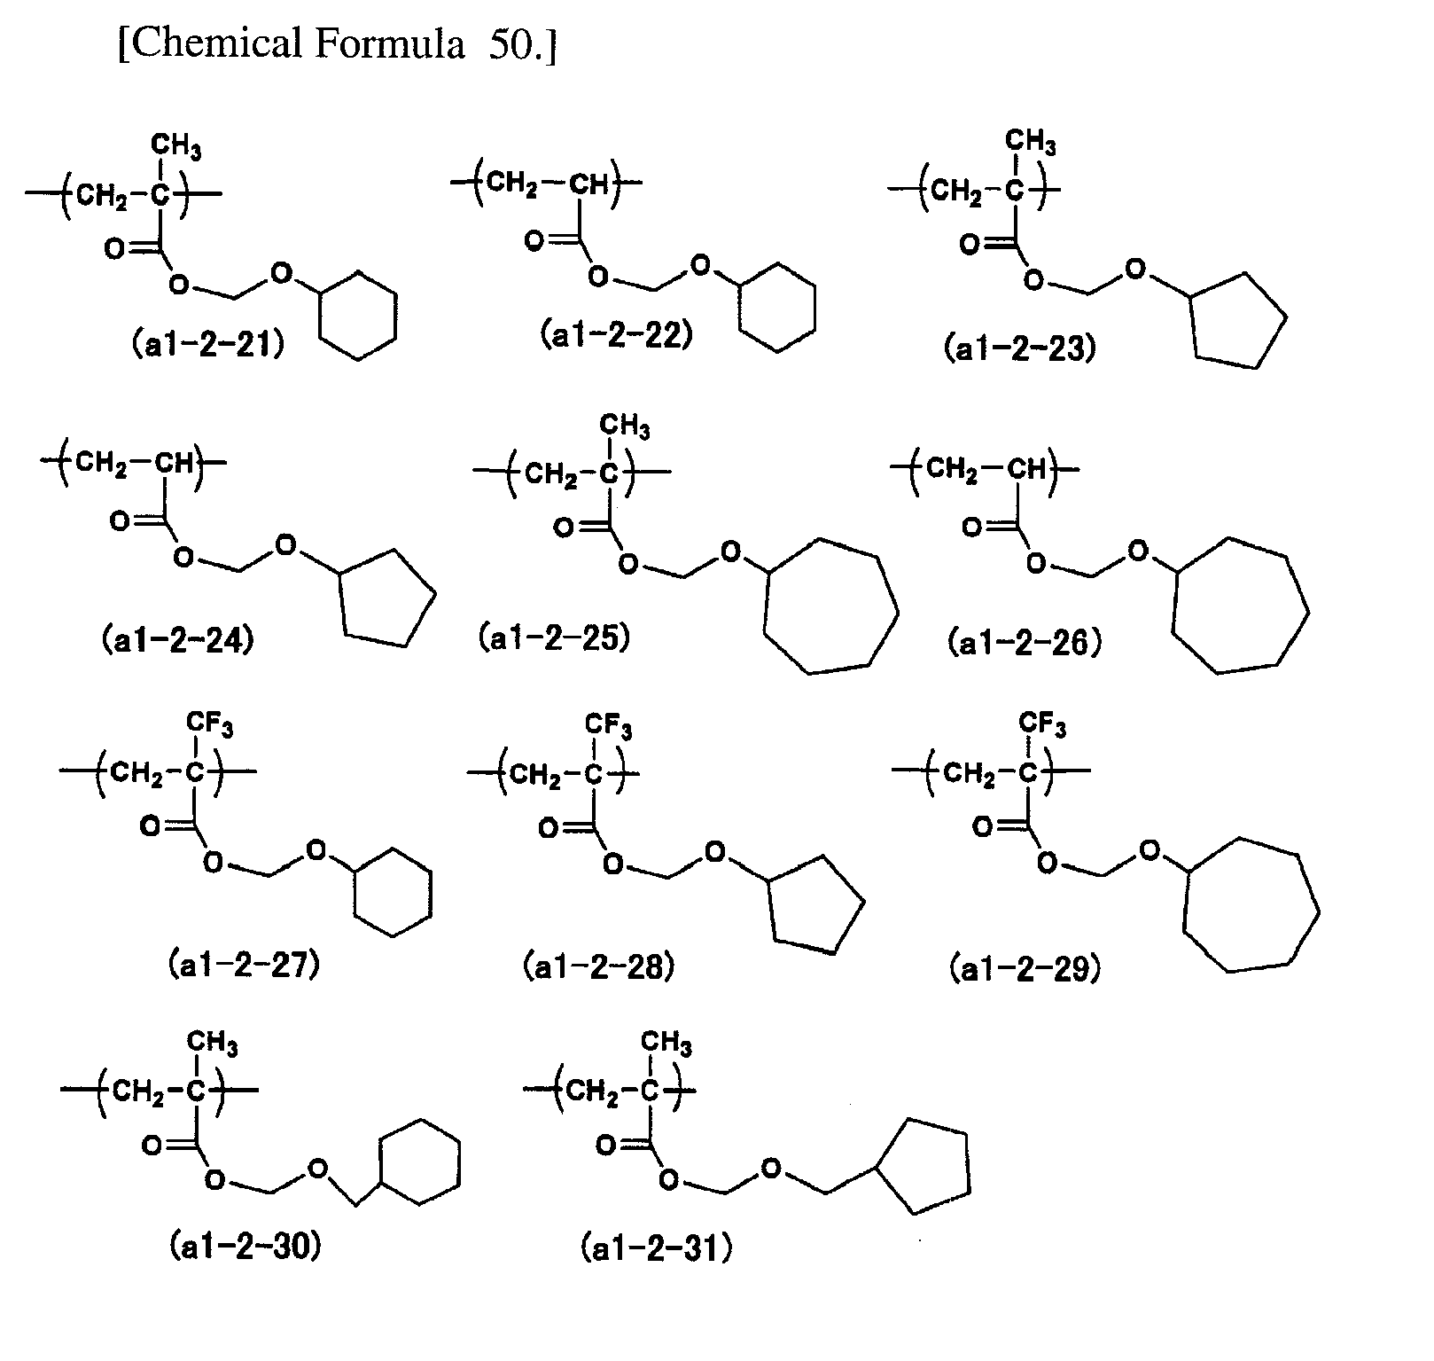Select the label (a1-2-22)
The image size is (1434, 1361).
(616, 335)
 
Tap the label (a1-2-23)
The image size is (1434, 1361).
(1020, 348)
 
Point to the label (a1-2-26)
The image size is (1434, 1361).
(1025, 642)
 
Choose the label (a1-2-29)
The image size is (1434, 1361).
(1025, 969)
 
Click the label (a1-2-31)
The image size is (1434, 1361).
(657, 1248)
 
